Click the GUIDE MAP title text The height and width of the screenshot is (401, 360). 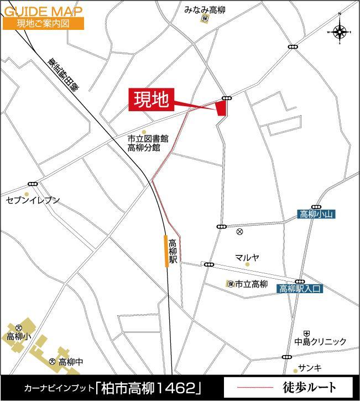point(43,10)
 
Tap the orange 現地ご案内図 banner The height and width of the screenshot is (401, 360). point(43,23)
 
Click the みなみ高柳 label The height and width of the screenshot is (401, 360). point(205,9)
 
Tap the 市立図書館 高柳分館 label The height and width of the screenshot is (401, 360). point(148,143)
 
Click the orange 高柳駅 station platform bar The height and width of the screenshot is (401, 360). point(166,251)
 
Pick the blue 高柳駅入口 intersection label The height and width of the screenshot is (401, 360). point(300,289)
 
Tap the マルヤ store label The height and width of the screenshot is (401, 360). point(247,257)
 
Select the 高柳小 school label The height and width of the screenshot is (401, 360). point(19,336)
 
